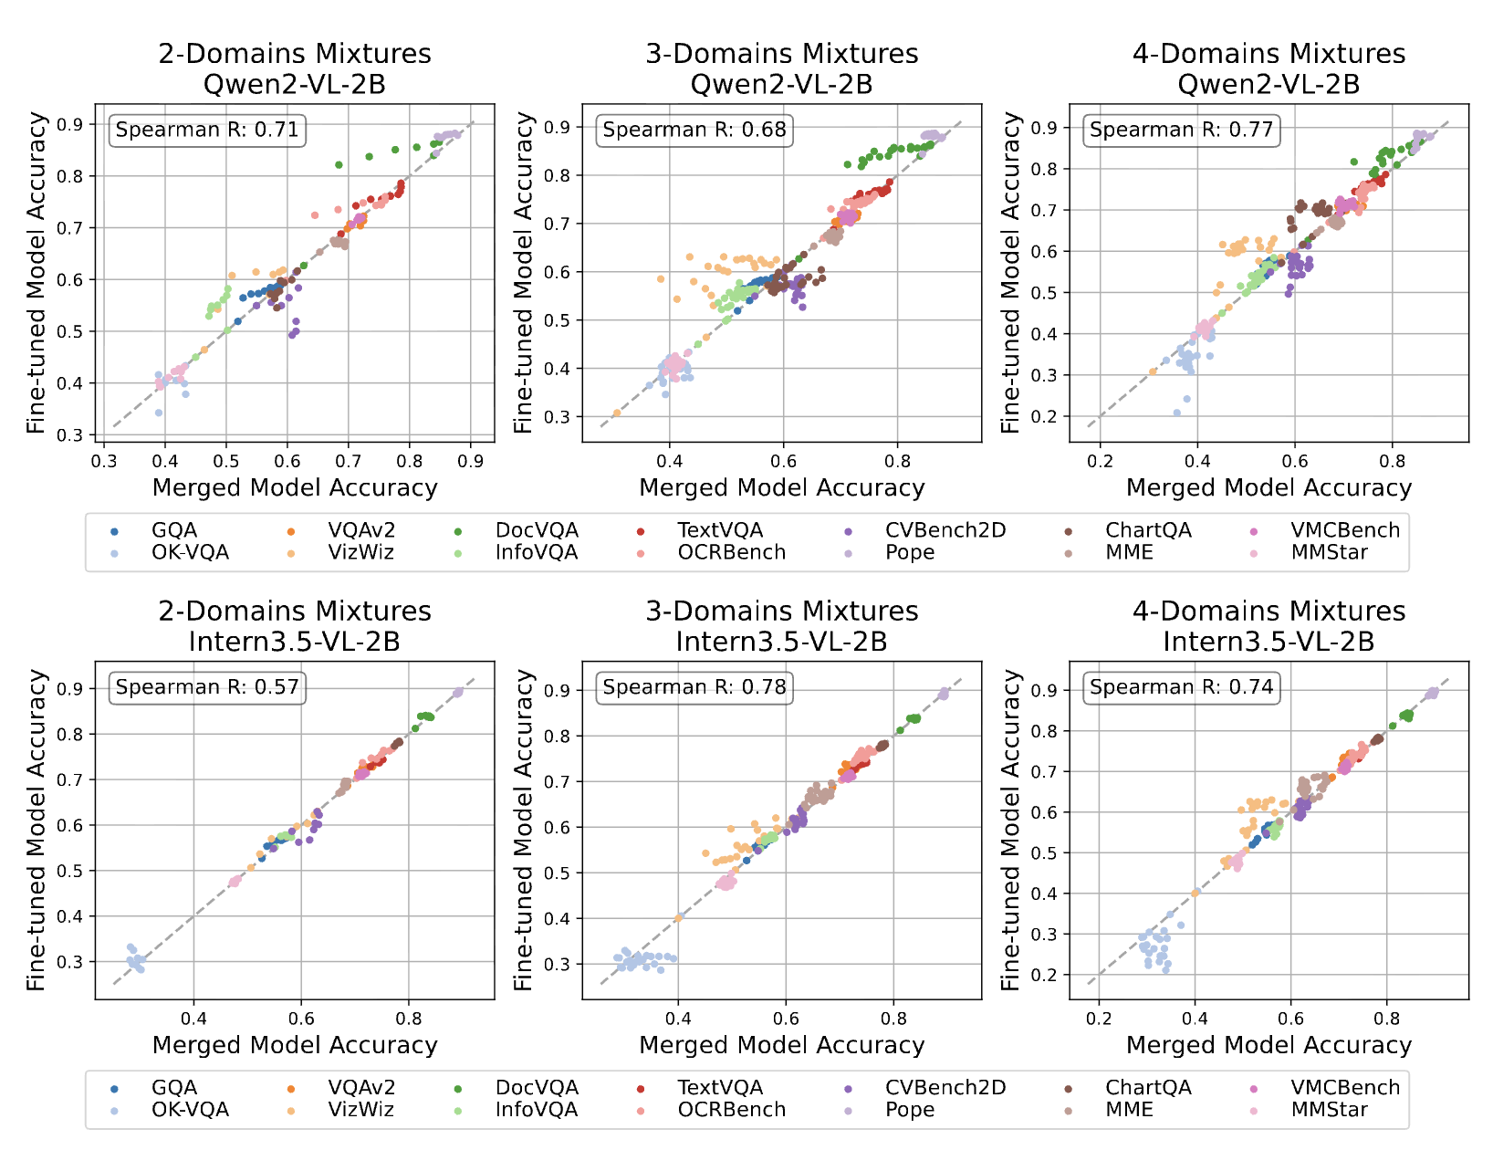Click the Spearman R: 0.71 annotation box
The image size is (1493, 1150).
coord(207,130)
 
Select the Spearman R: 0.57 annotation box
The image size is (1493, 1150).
coord(207,687)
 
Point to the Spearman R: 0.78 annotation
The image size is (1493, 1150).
coord(694,687)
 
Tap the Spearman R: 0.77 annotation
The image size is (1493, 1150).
coord(1181,130)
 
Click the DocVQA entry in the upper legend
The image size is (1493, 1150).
coord(537,530)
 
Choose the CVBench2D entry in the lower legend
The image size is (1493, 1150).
coord(945,1088)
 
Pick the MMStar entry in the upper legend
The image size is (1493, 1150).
coord(1329,552)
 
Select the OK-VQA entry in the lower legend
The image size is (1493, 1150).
coord(190,1110)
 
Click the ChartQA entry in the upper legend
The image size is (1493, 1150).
coord(1148,530)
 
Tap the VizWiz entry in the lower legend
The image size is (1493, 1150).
coord(360,1110)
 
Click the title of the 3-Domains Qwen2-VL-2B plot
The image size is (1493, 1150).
coord(782,68)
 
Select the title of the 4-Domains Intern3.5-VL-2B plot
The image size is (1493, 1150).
coord(1269,626)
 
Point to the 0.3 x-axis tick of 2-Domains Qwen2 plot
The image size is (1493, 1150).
coord(104,462)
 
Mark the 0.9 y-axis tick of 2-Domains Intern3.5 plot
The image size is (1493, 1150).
coord(70,689)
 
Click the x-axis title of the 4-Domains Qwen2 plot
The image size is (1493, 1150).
coord(1269,487)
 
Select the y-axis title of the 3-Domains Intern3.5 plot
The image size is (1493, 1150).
coord(523,830)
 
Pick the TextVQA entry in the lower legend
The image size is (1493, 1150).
coord(720,1088)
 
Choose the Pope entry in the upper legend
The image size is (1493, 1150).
coord(909,552)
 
